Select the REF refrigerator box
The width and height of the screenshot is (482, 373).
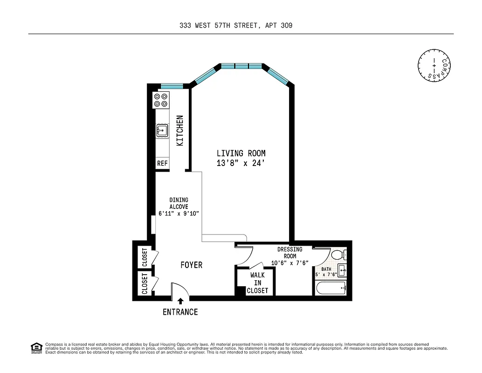coord(162,163)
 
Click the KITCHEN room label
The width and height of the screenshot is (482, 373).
coord(180,131)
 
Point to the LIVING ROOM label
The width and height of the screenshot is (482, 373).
coord(241,153)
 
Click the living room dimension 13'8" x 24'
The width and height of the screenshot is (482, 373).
coord(241,163)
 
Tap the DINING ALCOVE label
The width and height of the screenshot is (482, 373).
coord(179,203)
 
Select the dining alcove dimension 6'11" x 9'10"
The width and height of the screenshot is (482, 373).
coord(179,214)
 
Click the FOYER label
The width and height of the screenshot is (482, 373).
coord(191,265)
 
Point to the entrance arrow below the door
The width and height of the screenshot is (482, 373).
coord(180,302)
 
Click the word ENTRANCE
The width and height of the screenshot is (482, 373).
coord(180,312)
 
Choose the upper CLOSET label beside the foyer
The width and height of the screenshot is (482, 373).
coord(145,257)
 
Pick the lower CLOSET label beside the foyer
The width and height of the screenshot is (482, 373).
coord(145,283)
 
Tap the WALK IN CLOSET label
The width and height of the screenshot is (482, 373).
coord(257,283)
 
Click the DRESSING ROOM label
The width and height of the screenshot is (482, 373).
coord(290,253)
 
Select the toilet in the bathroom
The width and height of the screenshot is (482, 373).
coord(339,255)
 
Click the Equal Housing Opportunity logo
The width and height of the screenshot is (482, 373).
coord(36,347)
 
